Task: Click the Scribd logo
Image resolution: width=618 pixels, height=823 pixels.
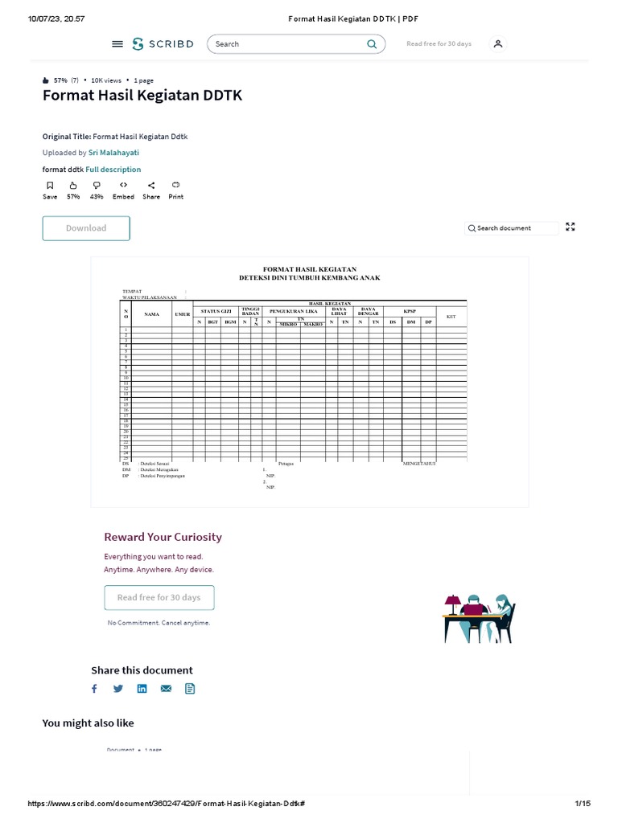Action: coord(163,44)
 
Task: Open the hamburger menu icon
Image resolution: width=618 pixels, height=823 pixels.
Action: coord(117,44)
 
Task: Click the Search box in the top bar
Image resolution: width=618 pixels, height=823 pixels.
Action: coord(286,44)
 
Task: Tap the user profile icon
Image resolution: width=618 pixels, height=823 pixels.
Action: coord(498,44)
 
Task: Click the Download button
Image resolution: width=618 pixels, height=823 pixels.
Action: coord(86,228)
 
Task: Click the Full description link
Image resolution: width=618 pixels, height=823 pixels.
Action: coord(113,170)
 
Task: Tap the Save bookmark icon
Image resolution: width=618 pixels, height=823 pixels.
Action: coord(50,186)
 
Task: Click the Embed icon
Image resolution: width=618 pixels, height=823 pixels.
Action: coord(123,186)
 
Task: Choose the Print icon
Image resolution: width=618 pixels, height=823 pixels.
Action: coord(175,186)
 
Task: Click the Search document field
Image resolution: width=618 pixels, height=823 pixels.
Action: coord(512,228)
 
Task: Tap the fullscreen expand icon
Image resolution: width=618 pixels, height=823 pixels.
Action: coord(571,227)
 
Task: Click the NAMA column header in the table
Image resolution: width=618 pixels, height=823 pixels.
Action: coord(151,314)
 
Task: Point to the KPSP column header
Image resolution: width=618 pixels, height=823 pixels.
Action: coord(410,310)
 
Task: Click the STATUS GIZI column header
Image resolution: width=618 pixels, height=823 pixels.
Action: coord(216,310)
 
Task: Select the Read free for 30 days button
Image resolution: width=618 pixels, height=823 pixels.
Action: coord(159,598)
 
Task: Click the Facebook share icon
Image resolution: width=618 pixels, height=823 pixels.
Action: coord(94,689)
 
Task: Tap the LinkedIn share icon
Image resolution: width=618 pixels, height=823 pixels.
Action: coord(142,689)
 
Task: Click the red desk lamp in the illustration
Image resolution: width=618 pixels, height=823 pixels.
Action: coord(453,600)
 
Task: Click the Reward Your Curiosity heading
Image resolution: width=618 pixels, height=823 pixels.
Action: coord(163,537)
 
